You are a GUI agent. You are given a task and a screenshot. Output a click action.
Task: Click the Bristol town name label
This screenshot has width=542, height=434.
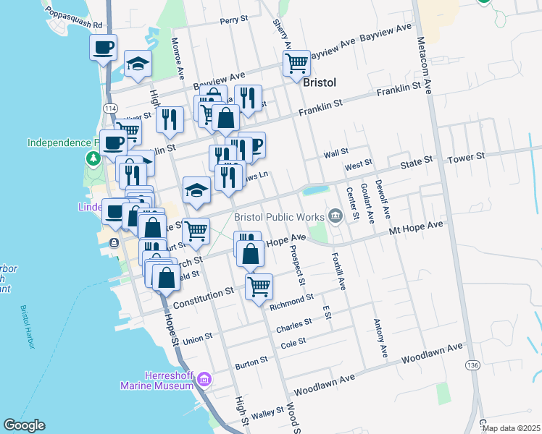tap(320, 82)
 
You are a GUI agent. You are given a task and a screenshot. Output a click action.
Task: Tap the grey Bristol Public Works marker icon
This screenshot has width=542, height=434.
tap(335, 215)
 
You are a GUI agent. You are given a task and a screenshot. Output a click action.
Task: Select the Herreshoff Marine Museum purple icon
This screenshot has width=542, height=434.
tap(204, 379)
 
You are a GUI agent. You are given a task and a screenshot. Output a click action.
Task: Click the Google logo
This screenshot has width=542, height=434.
tap(24, 425)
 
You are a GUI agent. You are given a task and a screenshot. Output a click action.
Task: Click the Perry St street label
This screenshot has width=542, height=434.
tap(234, 21)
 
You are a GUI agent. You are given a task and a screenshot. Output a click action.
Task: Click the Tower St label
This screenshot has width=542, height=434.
tap(466, 158)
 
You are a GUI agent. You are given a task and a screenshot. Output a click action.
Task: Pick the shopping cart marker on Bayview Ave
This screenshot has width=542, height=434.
tap(296, 63)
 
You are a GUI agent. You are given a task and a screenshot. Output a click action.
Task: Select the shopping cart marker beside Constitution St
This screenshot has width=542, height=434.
tap(259, 286)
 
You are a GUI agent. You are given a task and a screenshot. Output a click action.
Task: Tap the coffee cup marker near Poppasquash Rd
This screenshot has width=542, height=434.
tap(104, 48)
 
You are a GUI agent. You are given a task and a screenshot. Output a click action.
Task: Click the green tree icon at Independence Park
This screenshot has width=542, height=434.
tap(93, 158)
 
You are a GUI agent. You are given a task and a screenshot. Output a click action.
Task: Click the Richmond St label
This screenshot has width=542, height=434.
tap(291, 302)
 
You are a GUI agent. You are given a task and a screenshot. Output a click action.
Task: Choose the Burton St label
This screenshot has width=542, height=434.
tap(251, 359)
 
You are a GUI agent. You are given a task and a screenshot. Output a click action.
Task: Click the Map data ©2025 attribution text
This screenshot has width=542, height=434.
tap(511, 428)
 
